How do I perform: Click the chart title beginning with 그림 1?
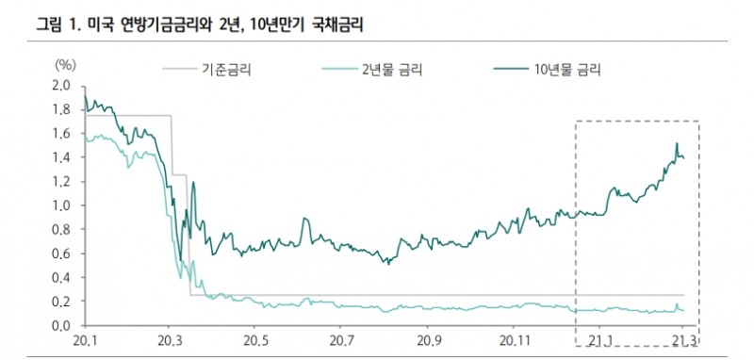[x=199, y=26]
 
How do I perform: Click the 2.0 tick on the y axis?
[x=61, y=86]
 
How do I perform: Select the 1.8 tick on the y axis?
[x=61, y=109]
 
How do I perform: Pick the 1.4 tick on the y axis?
[x=61, y=157]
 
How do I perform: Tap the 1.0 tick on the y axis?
[x=61, y=205]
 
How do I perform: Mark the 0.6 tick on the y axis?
[x=61, y=254]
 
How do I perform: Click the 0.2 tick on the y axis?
[x=61, y=302]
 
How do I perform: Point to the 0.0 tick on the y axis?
[x=61, y=326]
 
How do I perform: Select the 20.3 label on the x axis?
[x=170, y=340]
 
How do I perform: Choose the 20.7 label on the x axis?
[x=343, y=340]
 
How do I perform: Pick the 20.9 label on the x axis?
[x=430, y=340]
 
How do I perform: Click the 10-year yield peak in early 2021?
[x=676, y=144]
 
